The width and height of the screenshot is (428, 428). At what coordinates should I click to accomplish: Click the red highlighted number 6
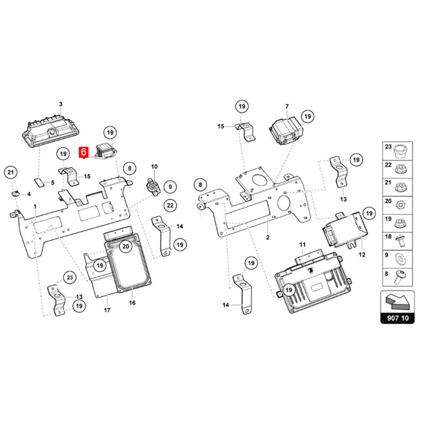(x=83, y=152)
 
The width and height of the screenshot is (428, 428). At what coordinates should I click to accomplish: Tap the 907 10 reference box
(x=398, y=307)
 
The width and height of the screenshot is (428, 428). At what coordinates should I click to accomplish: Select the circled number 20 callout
(x=126, y=247)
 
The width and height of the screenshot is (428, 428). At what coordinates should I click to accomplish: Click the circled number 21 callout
(x=11, y=172)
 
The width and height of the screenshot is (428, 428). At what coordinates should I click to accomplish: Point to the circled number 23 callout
(x=70, y=277)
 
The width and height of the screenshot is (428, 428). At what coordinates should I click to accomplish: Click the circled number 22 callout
(x=170, y=205)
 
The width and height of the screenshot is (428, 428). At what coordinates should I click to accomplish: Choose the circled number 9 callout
(x=170, y=187)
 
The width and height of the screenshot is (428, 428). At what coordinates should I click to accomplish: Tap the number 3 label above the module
(x=60, y=104)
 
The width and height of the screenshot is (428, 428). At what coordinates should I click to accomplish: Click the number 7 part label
(x=287, y=106)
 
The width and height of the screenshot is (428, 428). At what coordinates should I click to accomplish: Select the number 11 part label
(x=302, y=244)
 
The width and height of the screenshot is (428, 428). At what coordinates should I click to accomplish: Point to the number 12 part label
(x=362, y=255)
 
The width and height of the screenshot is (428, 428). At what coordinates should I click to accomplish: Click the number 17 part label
(x=107, y=310)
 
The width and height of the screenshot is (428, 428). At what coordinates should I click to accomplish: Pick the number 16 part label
(x=132, y=303)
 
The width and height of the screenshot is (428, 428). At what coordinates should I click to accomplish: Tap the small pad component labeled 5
(x=39, y=182)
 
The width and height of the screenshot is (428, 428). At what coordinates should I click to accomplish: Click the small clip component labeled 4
(x=16, y=194)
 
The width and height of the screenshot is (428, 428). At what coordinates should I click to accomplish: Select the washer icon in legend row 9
(x=400, y=258)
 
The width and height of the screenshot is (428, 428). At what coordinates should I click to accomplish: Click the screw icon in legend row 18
(x=401, y=240)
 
